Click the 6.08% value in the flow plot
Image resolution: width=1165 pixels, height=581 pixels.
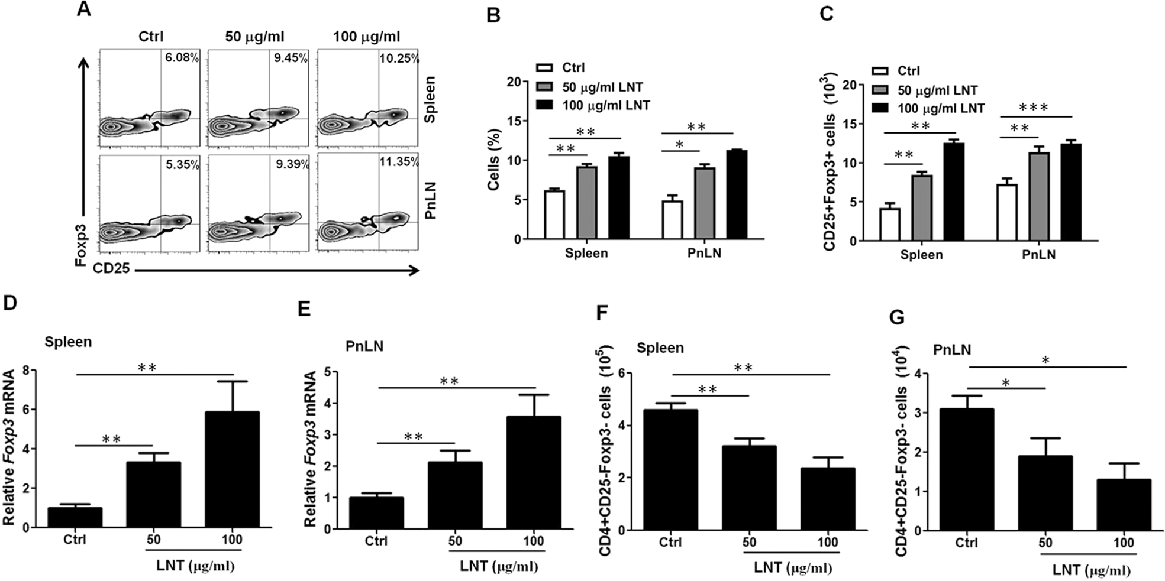pos(182,58)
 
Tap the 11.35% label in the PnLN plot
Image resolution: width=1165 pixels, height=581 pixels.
pos(399,162)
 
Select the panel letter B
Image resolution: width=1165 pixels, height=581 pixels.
pos(493,15)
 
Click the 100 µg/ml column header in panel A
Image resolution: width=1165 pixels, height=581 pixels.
pos(366,37)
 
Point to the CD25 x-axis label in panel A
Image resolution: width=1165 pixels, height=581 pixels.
pos(111,270)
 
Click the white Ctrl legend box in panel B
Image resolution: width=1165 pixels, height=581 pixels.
pos(544,67)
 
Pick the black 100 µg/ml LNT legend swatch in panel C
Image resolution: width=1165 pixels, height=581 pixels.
pos(881,108)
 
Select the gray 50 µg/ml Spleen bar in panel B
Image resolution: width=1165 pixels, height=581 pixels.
pos(586,203)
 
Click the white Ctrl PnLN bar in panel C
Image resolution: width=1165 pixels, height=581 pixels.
pos(1007,212)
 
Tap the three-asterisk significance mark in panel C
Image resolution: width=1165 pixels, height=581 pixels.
pos(1034,108)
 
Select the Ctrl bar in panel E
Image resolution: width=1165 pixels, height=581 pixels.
pos(376,513)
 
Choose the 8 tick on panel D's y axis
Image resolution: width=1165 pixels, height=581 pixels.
pos(25,371)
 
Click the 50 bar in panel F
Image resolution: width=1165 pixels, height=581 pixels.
pos(749,488)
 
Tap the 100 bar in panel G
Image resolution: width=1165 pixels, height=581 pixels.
pos(1124,505)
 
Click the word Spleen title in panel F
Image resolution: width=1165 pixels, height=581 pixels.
pos(660,348)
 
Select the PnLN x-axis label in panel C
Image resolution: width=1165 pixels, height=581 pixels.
pos(1038,255)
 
